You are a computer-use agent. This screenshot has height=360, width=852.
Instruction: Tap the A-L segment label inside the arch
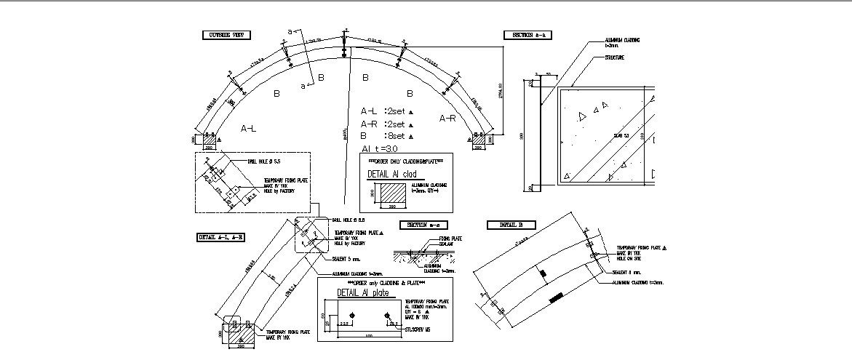pyautogui.click(x=248, y=128)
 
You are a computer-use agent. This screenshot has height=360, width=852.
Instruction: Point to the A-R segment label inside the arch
pyautogui.click(x=447, y=118)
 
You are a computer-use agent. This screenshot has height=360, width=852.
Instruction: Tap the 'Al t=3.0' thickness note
pyautogui.click(x=380, y=148)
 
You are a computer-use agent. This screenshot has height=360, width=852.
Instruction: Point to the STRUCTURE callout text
pyautogui.click(x=616, y=57)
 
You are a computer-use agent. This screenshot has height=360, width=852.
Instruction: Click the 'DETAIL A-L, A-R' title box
pyautogui.click(x=221, y=237)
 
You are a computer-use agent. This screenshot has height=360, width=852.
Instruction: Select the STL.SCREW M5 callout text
pyautogui.click(x=419, y=329)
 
